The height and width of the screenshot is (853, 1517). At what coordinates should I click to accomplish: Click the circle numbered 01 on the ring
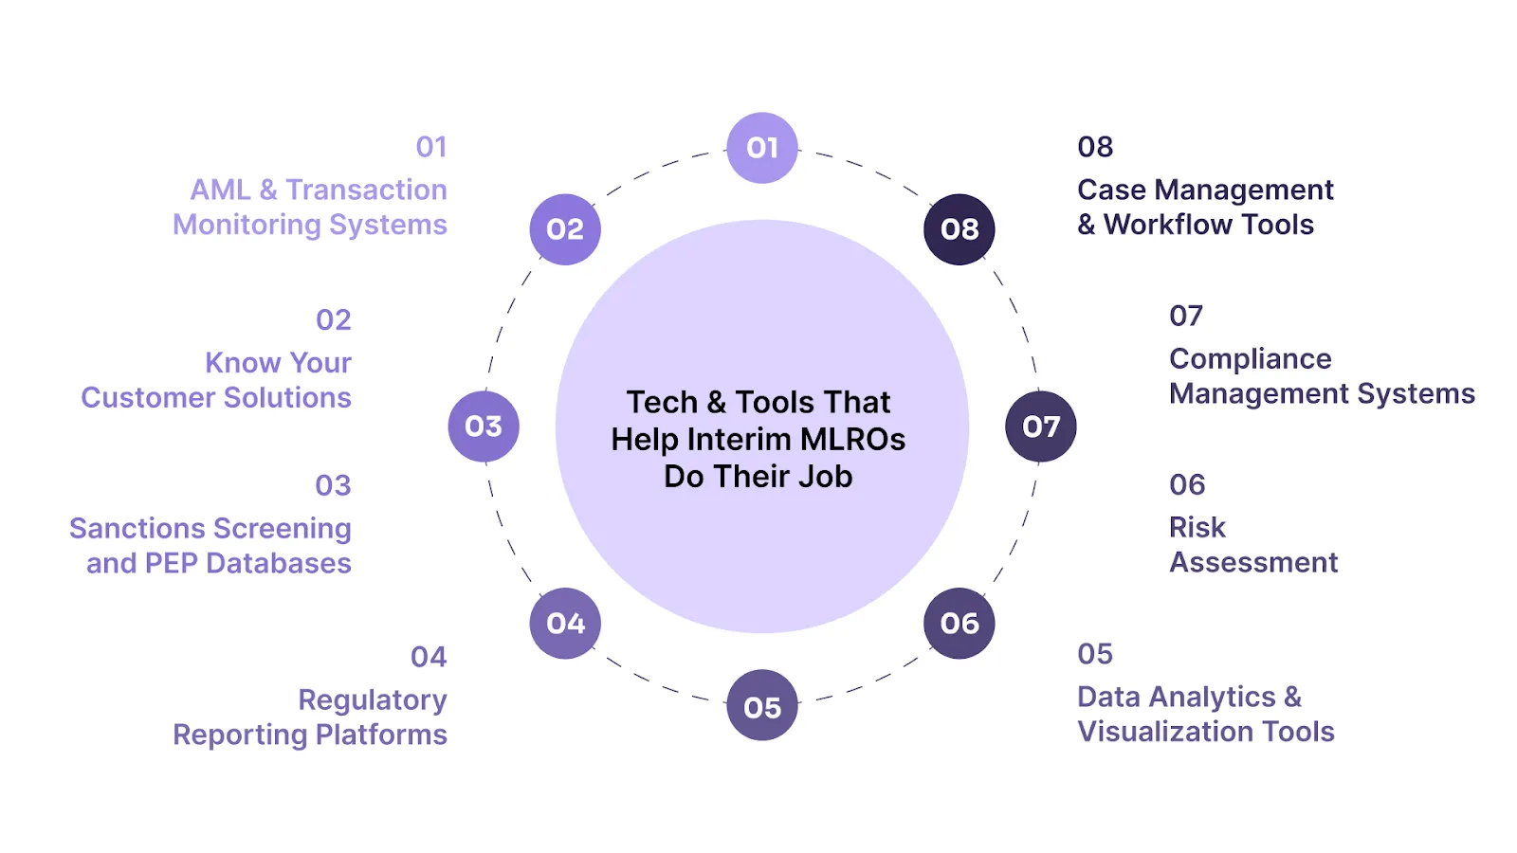[x=762, y=148]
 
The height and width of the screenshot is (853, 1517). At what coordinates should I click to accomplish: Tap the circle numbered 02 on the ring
[x=565, y=229]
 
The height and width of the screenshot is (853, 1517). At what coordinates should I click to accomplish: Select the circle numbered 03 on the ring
[x=484, y=426]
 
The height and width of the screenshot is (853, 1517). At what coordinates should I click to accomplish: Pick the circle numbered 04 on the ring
[x=565, y=624]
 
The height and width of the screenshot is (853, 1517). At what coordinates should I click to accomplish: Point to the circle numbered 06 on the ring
[x=960, y=624]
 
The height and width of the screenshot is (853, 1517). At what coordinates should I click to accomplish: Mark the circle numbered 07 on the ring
[x=1041, y=426]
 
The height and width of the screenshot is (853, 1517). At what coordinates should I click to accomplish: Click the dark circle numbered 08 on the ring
[x=960, y=229]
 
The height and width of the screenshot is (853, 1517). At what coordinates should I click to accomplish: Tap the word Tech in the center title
[x=662, y=403]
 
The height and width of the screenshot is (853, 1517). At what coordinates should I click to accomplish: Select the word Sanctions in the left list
[x=137, y=528]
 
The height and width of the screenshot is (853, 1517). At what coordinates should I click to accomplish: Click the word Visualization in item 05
[x=1166, y=732]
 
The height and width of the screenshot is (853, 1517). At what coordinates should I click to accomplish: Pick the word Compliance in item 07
[x=1250, y=359]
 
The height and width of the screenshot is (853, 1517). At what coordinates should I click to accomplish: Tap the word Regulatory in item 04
[x=373, y=700]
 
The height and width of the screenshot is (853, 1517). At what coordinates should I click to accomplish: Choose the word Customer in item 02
[x=139, y=398]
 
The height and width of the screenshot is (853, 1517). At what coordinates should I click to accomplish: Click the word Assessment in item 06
[x=1253, y=563]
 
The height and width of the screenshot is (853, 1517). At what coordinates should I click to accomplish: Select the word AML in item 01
[x=220, y=190]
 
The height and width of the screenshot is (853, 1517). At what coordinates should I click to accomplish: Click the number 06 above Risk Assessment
[x=1187, y=485]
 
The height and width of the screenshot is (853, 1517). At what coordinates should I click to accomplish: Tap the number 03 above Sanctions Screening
[x=333, y=486]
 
